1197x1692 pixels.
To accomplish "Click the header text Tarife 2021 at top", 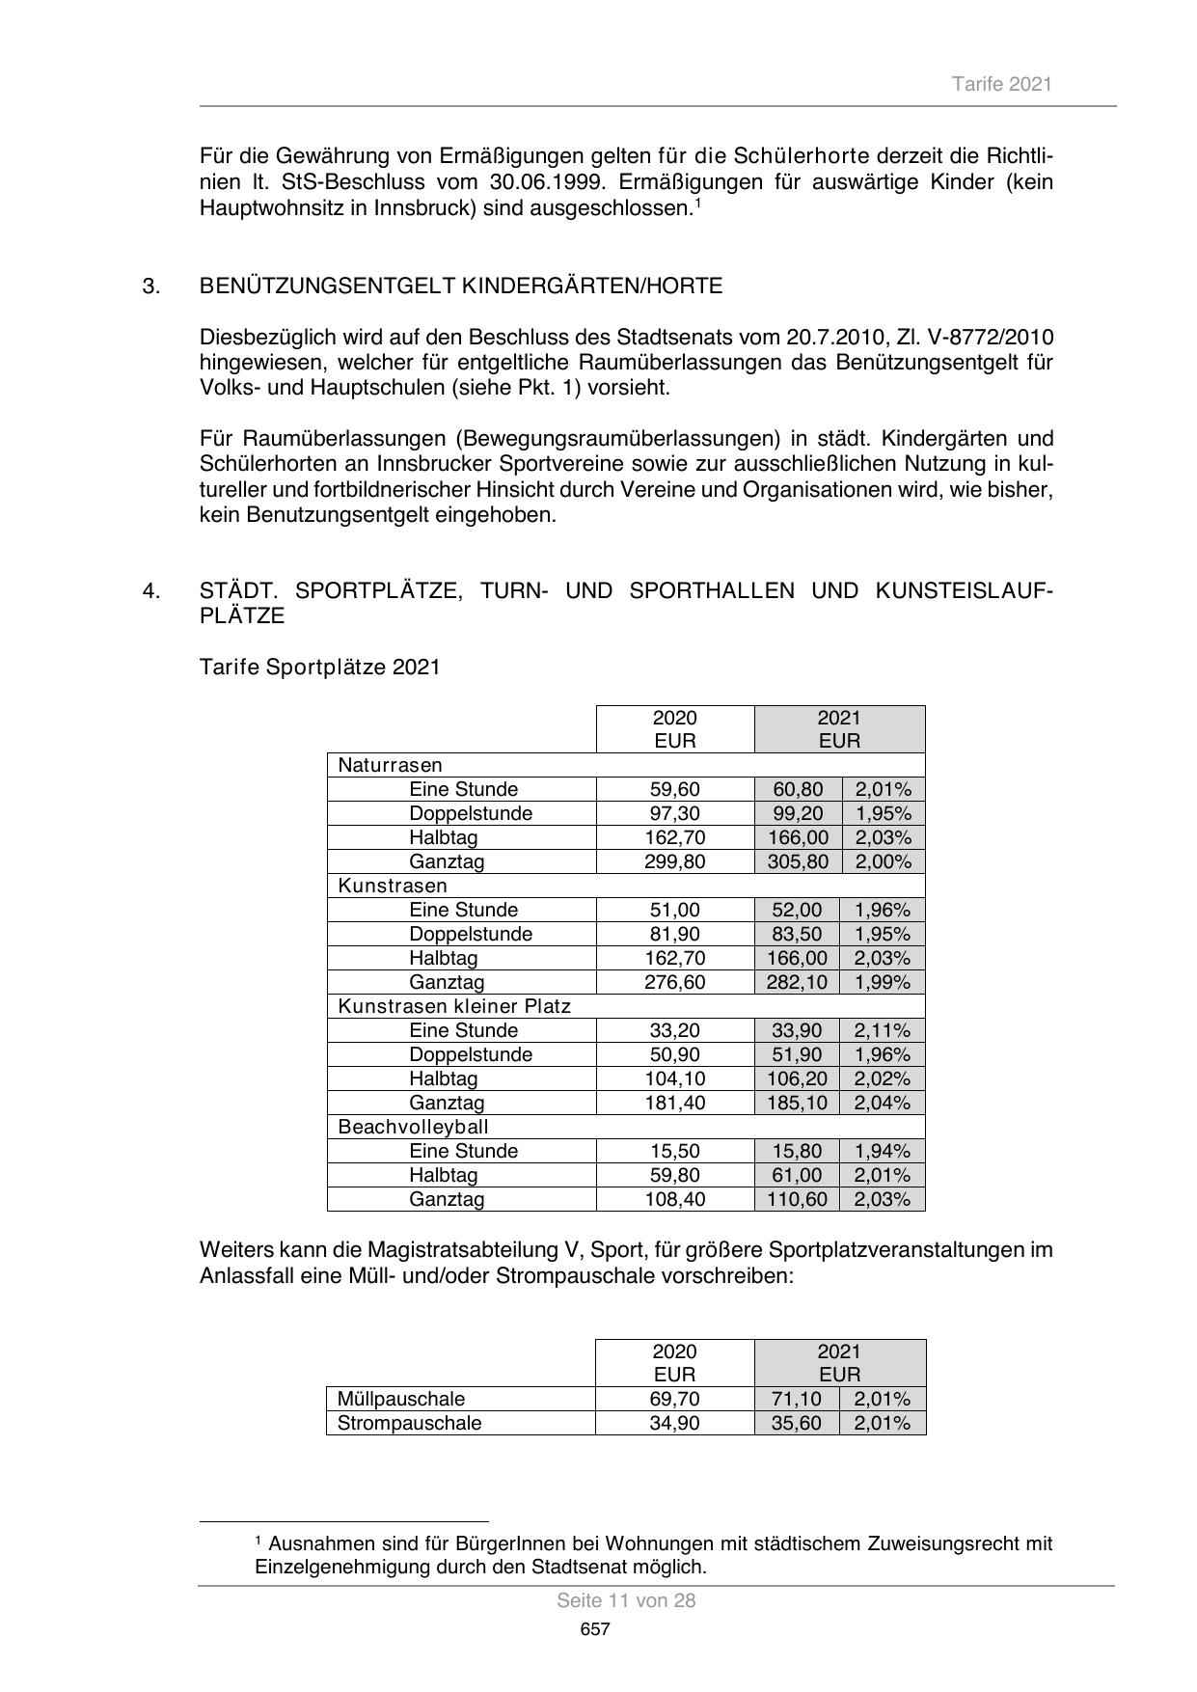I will click(1001, 84).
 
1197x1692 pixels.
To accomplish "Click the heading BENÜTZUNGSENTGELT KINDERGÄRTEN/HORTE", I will click(460, 286).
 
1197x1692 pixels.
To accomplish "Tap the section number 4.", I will click(151, 590).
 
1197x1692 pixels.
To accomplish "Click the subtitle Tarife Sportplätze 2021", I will click(319, 667).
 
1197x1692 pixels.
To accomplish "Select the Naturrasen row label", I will click(390, 765).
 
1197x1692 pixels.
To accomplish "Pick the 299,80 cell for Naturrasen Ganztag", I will click(674, 861).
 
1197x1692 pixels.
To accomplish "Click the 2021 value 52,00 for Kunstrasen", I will click(798, 910).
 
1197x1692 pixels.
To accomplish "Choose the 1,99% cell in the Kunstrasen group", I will click(883, 982).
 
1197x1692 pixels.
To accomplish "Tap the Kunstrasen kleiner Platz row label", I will click(454, 1006).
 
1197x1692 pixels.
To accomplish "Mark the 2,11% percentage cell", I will click(883, 1030).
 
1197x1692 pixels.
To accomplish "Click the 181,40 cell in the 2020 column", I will click(674, 1103).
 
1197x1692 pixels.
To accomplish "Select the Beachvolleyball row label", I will click(413, 1127).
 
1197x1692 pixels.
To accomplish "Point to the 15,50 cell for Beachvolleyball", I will click(674, 1151).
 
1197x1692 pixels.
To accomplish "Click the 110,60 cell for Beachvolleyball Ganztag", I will click(798, 1199).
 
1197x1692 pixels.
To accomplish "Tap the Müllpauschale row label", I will click(401, 1399).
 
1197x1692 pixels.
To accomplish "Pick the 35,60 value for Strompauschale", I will click(797, 1423).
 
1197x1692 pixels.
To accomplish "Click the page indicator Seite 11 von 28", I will click(626, 1600).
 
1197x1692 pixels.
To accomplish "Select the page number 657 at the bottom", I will click(595, 1629).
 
